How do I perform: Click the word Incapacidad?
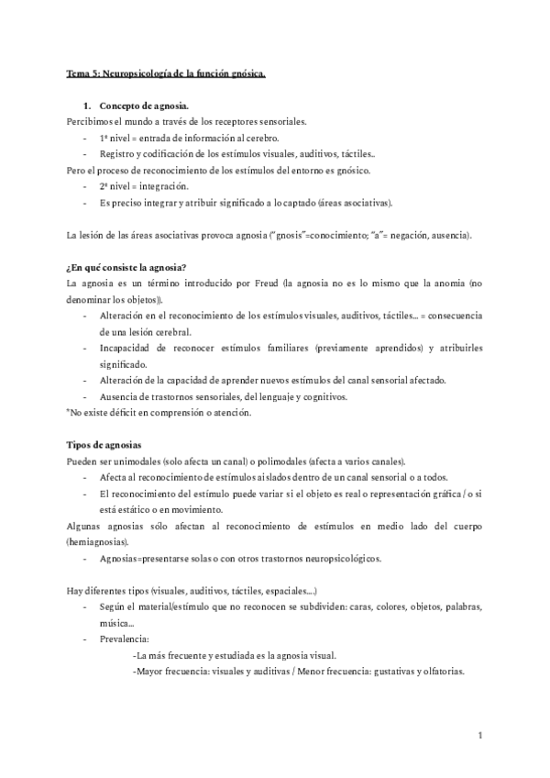[x=130, y=349]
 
